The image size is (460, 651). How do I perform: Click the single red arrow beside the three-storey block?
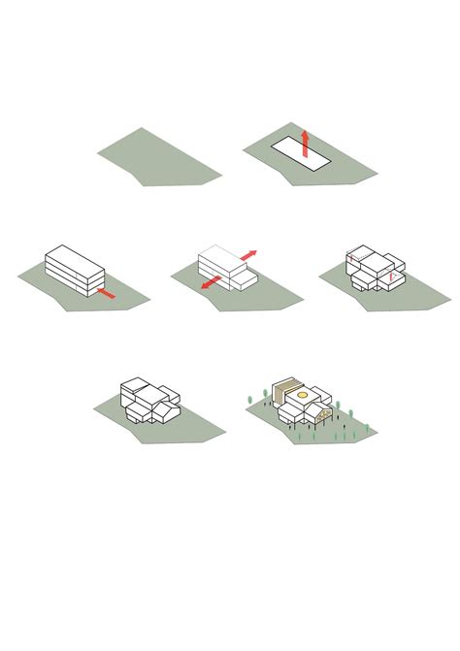tap(106, 292)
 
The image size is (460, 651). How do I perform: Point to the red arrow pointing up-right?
tap(248, 255)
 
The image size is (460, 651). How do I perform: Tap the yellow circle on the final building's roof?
tap(303, 395)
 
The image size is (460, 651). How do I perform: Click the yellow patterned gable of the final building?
tap(326, 414)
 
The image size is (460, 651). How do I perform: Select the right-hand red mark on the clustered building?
tap(391, 277)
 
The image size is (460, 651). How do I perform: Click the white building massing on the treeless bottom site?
tap(148, 400)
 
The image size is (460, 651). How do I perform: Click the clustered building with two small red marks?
tap(374, 268)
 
